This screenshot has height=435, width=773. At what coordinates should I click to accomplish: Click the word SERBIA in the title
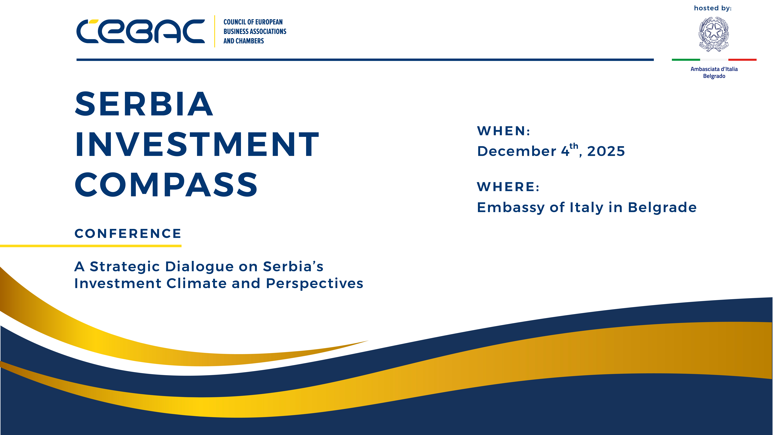tap(144, 104)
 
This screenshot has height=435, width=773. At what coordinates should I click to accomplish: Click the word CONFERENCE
tap(128, 234)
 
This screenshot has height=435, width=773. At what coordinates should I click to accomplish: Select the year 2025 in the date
tap(606, 151)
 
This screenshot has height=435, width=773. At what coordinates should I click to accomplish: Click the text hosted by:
tap(713, 8)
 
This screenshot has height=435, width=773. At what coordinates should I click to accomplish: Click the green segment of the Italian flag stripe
tap(686, 60)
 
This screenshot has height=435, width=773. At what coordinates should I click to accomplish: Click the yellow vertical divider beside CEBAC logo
tap(215, 31)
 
